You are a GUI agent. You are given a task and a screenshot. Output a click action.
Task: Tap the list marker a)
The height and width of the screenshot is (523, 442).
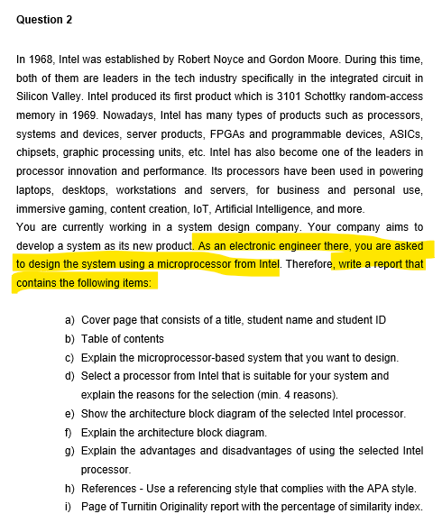point(69,320)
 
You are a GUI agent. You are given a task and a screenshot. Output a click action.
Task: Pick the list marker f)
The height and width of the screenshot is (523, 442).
point(69,432)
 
